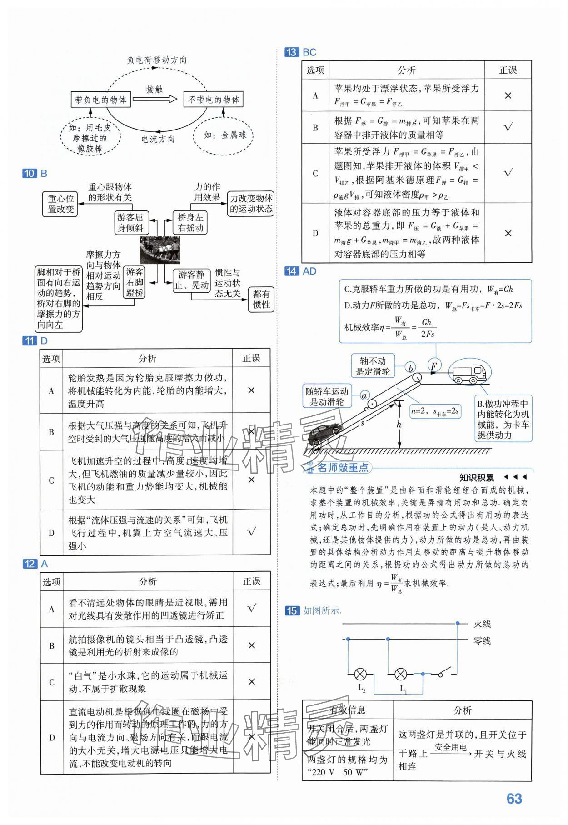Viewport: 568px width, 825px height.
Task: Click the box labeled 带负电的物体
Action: tap(101, 100)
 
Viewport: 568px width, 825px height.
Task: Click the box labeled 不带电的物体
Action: tap(213, 100)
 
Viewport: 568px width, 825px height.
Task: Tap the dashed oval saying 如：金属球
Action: tap(224, 135)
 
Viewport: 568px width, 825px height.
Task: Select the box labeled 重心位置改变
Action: tap(61, 204)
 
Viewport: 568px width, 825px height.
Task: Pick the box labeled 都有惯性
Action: tap(261, 300)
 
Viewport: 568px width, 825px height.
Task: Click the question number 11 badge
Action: tap(30, 341)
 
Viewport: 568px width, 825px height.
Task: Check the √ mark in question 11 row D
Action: tap(251, 532)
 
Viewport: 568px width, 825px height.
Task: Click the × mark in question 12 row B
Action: tap(251, 645)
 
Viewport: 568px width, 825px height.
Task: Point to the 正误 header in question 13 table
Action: tap(508, 70)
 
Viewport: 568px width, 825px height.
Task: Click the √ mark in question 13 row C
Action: tap(508, 173)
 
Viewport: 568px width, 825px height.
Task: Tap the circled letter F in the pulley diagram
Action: tap(434, 365)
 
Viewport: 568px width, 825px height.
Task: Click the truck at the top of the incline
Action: tap(468, 373)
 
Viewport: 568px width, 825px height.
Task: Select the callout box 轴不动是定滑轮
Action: tap(373, 366)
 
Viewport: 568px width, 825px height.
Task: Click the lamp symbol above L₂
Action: tap(360, 674)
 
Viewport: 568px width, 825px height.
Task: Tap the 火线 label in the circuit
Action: tap(482, 624)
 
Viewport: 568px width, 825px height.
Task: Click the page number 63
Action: tap(514, 798)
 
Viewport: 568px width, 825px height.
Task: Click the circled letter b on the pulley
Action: tap(411, 368)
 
